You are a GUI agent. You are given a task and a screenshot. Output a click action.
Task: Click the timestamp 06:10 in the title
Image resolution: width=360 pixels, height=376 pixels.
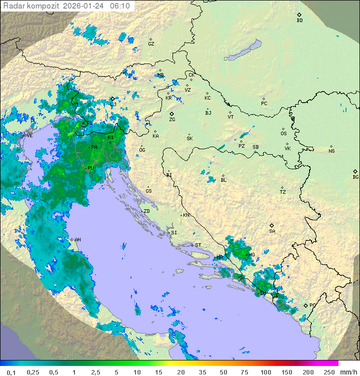(119, 6)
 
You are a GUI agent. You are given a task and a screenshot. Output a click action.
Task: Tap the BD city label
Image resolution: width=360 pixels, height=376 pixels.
(299, 21)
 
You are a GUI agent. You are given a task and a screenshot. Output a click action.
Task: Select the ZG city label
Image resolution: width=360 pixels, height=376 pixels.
(172, 120)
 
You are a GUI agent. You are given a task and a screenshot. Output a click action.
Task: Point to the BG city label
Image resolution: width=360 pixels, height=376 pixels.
(355, 177)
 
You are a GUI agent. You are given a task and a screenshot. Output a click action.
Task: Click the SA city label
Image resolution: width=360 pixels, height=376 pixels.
(272, 231)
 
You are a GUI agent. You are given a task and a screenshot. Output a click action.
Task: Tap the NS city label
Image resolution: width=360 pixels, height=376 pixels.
(331, 151)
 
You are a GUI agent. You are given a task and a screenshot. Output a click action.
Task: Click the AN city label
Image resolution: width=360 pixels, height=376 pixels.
(77, 240)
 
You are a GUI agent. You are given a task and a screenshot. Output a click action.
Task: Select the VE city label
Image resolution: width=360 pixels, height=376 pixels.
(29, 136)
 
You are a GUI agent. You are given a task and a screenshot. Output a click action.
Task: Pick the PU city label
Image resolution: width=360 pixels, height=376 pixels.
(90, 168)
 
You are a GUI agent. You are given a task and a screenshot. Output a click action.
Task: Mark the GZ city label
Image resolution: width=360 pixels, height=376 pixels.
(151, 44)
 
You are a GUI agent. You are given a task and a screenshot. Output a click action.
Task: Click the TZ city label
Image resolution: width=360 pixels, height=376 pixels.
(283, 192)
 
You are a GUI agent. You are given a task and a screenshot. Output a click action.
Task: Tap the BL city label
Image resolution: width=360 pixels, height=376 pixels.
(223, 180)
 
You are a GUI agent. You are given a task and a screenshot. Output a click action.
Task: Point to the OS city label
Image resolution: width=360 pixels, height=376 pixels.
(283, 134)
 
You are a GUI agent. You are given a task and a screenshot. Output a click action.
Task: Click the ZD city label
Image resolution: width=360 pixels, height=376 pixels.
(146, 211)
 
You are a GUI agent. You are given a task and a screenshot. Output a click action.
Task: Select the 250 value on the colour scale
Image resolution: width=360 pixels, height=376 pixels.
(328, 372)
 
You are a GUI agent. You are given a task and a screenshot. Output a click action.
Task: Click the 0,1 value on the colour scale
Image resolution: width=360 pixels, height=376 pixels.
(11, 372)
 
